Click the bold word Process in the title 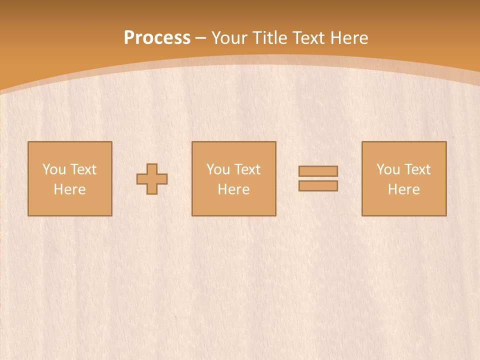coord(157,38)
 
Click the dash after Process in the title coord(201,38)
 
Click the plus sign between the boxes coord(152,179)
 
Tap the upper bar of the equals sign coord(318,171)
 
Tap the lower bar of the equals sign coord(318,185)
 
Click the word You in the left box coord(53,169)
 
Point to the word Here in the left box coord(69,189)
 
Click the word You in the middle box coord(218,169)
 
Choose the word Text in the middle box coord(247,169)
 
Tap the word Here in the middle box coord(233,189)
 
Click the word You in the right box coord(388,169)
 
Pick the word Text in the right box coord(417,169)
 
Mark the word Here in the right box coord(403,189)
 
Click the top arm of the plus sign coord(152,169)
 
